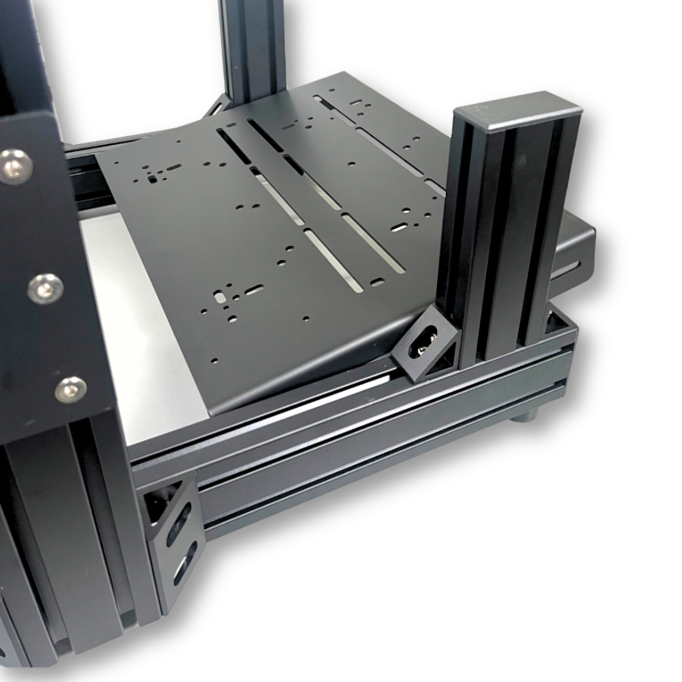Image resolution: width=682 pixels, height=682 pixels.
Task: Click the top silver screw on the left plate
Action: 15,167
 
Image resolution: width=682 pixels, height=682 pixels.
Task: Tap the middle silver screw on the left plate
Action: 45,289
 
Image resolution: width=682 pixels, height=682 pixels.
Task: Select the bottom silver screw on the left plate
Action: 71,390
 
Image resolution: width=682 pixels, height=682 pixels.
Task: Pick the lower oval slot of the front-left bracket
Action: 185,563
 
